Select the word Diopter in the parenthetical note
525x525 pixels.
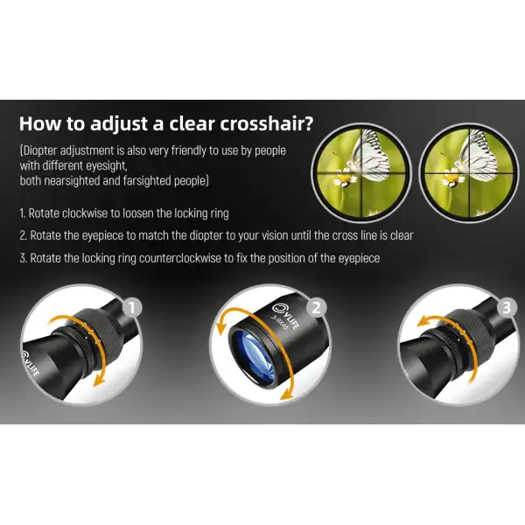point(40,150)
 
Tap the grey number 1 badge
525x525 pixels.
point(132,307)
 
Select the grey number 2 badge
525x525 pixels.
point(317,307)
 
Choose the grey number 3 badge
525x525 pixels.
point(507,307)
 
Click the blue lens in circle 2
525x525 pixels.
point(258,358)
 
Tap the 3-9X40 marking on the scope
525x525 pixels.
point(279,323)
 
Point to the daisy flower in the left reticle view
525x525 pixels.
point(344,180)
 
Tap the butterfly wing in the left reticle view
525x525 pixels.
point(374,157)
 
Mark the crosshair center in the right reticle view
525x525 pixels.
point(469,172)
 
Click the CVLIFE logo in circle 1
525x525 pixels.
point(31,362)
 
